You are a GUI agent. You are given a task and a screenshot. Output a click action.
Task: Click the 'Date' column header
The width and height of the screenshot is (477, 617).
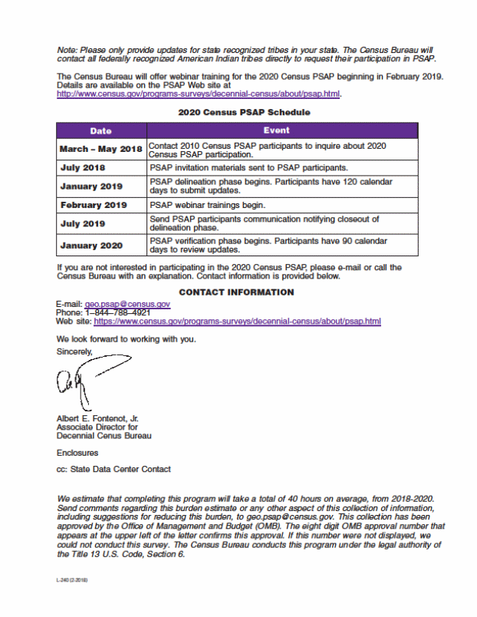pyautogui.click(x=100, y=130)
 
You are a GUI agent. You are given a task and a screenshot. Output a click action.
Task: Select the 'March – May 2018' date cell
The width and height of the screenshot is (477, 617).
pyautogui.click(x=100, y=149)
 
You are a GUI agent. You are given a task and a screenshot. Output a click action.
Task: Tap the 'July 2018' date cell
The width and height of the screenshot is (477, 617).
pyautogui.click(x=83, y=167)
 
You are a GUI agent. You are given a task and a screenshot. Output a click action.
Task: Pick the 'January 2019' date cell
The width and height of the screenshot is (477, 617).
pyautogui.click(x=91, y=186)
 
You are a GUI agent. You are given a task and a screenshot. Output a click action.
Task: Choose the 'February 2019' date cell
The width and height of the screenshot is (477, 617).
pyautogui.click(x=94, y=205)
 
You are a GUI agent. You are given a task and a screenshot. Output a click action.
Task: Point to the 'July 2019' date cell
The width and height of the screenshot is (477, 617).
pyautogui.click(x=83, y=223)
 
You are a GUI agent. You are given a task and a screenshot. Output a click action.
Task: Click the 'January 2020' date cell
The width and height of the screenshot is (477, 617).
pyautogui.click(x=91, y=246)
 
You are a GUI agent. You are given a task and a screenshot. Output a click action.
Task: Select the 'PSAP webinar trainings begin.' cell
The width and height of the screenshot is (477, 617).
pyautogui.click(x=207, y=205)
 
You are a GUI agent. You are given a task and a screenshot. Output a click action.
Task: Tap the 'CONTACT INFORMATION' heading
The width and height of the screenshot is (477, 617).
pyautogui.click(x=236, y=292)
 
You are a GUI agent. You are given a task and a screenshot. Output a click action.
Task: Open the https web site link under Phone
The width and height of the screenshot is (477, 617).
pyautogui.click(x=237, y=322)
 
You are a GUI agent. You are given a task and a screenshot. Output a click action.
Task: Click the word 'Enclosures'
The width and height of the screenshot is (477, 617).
pyautogui.click(x=77, y=453)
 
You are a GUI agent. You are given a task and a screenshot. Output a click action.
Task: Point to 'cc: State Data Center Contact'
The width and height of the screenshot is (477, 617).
pyautogui.click(x=113, y=469)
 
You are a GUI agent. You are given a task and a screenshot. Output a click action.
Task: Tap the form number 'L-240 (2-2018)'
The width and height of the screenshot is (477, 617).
pyautogui.click(x=72, y=582)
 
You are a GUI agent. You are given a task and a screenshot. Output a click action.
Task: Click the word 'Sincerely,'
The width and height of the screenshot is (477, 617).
pyautogui.click(x=74, y=351)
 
